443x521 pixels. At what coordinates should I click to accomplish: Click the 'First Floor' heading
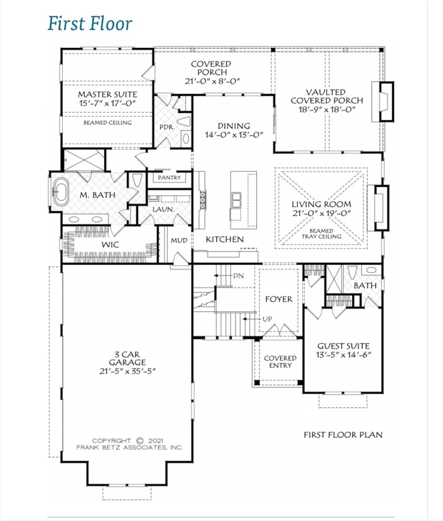coord(90,24)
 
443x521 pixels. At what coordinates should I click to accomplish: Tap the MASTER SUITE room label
coord(107,93)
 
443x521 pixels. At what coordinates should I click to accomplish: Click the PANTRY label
coord(168,178)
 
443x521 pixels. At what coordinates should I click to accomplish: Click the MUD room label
coord(179,240)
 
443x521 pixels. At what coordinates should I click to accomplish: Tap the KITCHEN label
coord(224,239)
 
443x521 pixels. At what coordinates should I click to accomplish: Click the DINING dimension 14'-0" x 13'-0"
coord(233,135)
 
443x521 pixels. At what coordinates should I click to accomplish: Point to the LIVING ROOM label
coord(321,204)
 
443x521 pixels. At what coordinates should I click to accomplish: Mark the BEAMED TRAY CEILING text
coord(321,234)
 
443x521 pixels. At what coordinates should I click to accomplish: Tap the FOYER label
coord(278,299)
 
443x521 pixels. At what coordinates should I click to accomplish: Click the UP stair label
coord(267,319)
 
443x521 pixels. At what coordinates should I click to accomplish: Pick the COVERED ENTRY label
coord(280,362)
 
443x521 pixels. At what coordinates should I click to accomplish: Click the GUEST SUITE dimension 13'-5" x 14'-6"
coord(343,356)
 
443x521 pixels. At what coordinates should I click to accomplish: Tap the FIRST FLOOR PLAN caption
coord(342,435)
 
